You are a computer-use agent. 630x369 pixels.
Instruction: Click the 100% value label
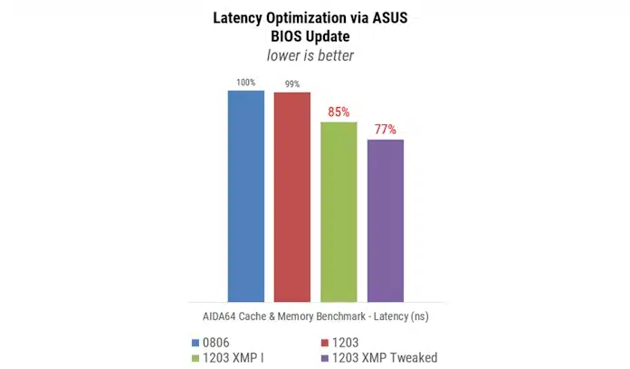[245, 83]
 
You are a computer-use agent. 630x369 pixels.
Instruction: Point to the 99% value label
[291, 84]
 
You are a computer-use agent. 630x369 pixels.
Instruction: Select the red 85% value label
[339, 112]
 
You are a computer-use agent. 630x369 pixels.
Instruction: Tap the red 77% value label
[386, 130]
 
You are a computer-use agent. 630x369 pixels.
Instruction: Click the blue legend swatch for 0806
[196, 342]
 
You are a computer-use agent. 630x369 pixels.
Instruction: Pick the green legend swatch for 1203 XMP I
[196, 357]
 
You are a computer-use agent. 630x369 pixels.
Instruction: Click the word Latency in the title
[239, 17]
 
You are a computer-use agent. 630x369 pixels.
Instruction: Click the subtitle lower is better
[315, 56]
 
